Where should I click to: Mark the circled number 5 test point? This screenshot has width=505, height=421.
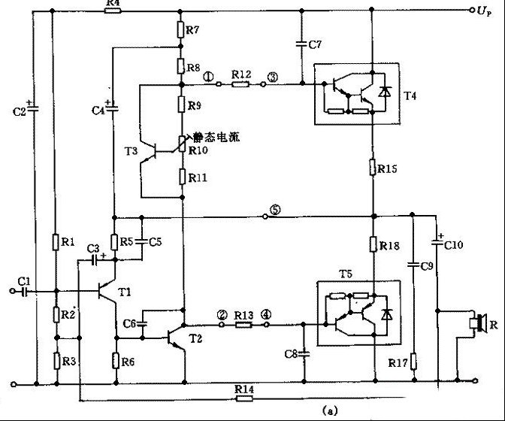point(274,211)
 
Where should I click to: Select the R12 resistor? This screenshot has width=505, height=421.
point(240,84)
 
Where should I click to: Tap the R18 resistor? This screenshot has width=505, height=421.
point(373,244)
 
